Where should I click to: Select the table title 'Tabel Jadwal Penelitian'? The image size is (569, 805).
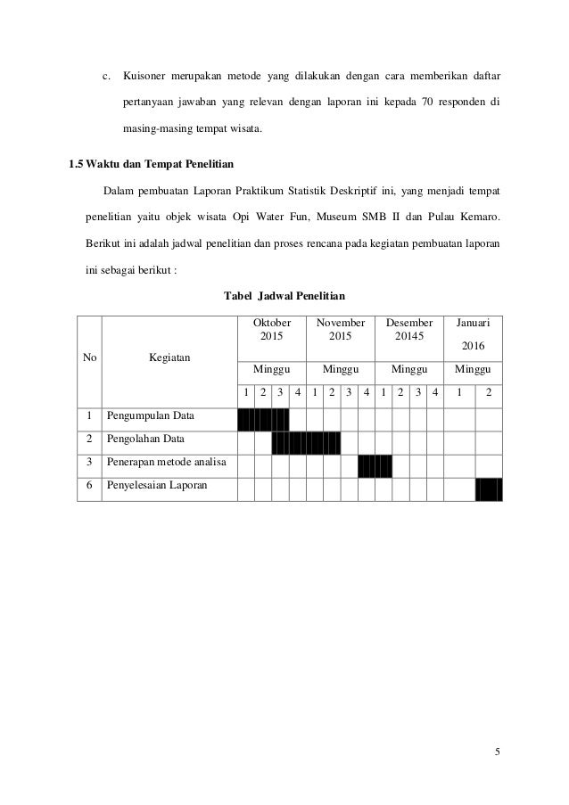(284, 294)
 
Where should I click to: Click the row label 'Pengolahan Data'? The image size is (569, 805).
(145, 439)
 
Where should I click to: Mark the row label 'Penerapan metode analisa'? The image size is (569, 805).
(167, 463)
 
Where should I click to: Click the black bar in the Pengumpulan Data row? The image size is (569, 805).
(263, 417)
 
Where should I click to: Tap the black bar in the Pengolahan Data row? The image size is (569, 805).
(306, 440)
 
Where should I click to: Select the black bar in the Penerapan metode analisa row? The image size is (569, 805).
(375, 464)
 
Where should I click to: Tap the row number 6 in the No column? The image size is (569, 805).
(89, 486)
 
